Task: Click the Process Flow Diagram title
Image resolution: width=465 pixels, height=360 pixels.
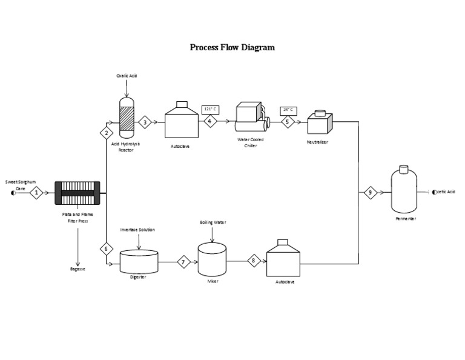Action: (x=232, y=47)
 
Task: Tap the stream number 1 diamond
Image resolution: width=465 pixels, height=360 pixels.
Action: (x=36, y=193)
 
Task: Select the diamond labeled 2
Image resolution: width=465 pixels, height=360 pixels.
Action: (x=107, y=133)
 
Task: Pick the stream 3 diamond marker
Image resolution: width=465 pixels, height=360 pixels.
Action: (x=145, y=122)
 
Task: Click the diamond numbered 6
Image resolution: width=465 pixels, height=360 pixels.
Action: (x=107, y=248)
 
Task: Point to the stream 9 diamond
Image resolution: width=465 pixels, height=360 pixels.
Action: (x=370, y=193)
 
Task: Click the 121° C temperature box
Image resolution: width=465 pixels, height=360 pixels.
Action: (x=209, y=109)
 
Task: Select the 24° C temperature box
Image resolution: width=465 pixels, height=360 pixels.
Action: (x=288, y=110)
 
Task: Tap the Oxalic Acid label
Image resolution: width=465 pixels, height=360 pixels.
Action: (x=127, y=76)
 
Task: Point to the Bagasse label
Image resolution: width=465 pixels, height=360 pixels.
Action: (x=77, y=268)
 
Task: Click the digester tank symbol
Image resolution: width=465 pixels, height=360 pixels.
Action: (x=139, y=261)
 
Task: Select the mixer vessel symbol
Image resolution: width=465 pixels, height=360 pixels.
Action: (x=212, y=258)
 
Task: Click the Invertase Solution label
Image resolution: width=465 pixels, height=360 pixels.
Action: (x=137, y=230)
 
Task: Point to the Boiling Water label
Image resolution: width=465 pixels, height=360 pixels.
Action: (x=213, y=222)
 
